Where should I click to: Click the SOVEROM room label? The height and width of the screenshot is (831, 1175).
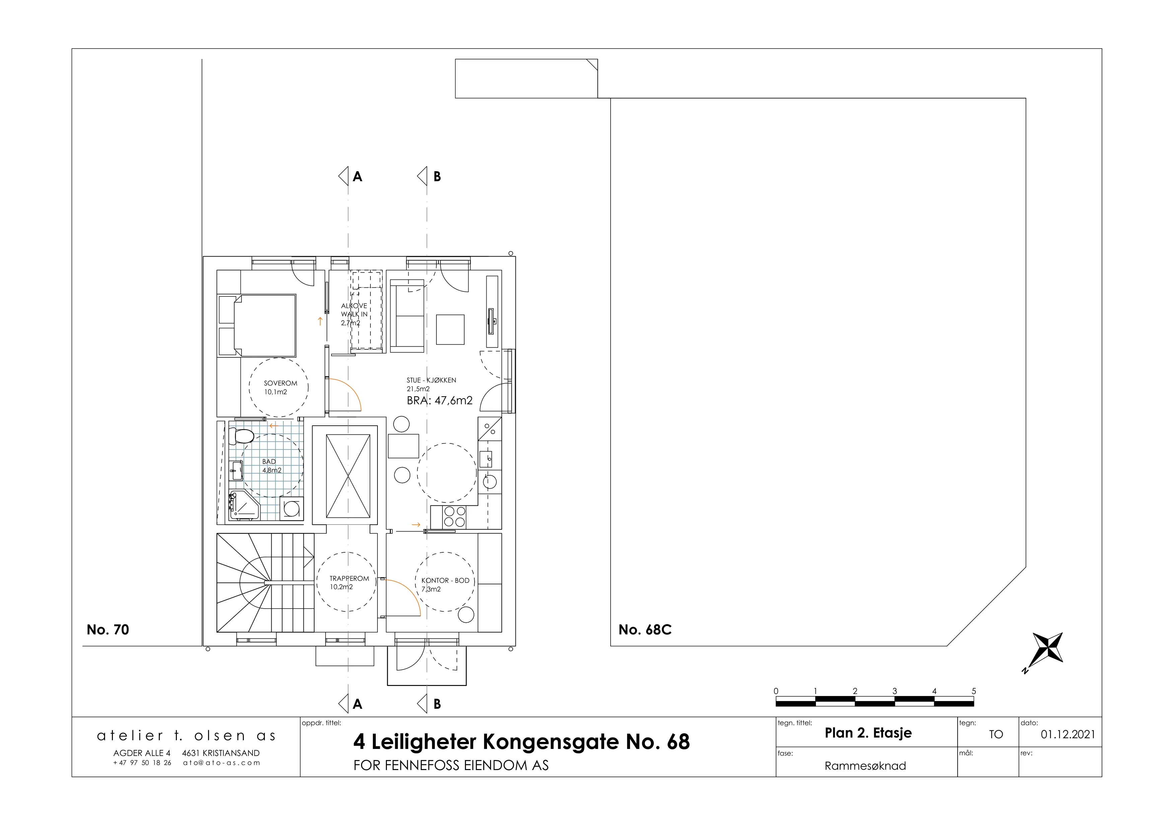(280, 383)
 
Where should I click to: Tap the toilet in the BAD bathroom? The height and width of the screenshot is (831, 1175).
(241, 436)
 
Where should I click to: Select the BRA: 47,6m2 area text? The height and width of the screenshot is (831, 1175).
(439, 400)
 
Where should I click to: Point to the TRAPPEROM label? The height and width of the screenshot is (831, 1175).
(349, 578)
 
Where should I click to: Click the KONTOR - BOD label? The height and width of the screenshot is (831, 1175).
(445, 580)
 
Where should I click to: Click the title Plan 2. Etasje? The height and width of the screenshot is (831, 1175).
(869, 733)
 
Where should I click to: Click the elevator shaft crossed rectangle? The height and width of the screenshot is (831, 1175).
(348, 476)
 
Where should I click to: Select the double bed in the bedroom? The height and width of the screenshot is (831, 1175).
(257, 326)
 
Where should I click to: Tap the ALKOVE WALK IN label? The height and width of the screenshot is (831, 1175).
(354, 314)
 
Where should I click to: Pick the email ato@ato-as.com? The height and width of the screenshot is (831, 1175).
(222, 762)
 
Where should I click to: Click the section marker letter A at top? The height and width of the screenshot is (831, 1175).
(358, 177)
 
